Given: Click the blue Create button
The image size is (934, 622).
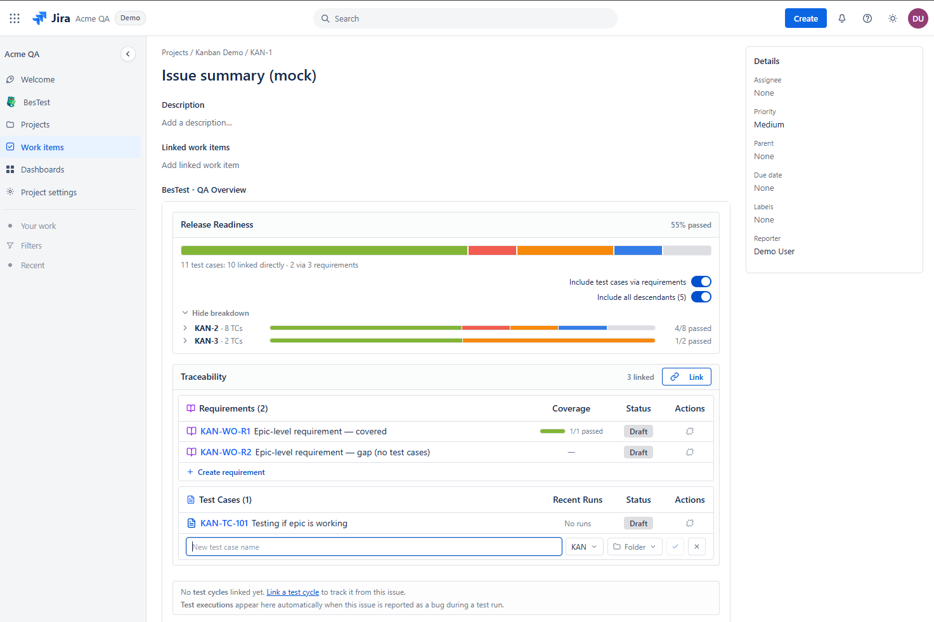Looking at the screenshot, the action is pos(805,18).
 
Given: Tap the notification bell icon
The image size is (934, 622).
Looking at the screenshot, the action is pos(842,18).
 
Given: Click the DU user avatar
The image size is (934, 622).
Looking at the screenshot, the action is pos(918,18).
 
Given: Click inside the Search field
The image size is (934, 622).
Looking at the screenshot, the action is pos(465,18).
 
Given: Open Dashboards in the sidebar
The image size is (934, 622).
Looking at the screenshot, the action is pos(42,169).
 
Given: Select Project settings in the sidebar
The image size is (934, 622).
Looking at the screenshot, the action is pos(48,192).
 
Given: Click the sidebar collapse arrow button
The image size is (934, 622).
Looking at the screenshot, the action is pos(127,54).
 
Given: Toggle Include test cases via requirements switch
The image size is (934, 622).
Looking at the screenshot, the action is pos(701,282).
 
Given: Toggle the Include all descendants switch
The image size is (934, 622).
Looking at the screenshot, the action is pos(701,297).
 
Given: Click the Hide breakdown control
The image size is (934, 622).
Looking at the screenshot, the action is pos(215,313).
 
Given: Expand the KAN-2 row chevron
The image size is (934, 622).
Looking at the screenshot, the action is pos(185,328).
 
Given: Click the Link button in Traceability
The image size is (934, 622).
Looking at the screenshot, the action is pos(686,377).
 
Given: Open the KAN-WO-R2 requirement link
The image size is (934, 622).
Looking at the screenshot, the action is pos(226,452).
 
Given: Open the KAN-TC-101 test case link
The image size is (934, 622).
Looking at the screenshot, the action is pos(224,523).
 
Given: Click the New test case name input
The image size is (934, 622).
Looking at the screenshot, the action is pos(373,547).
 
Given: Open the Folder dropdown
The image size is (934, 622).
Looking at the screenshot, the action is pos(634,547).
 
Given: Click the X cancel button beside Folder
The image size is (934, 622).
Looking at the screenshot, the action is pos(696,547).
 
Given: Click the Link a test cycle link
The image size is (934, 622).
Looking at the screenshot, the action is pos(292,592).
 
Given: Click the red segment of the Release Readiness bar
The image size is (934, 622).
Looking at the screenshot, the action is pos(492,250).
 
